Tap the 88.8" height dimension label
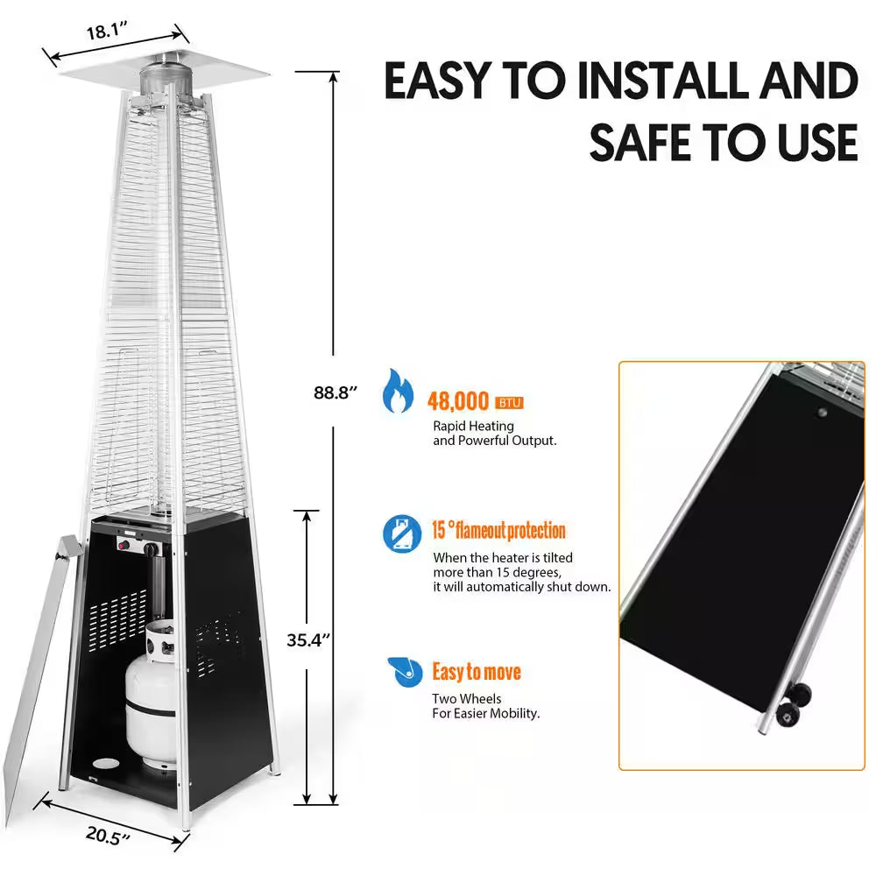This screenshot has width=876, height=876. point(336,392)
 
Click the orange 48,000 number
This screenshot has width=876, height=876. point(458,402)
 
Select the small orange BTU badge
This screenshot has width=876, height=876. point(509,403)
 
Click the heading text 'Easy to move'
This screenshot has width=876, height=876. point(477,672)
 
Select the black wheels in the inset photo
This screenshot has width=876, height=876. point(791,705)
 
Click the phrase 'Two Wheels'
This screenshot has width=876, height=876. point(467,698)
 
